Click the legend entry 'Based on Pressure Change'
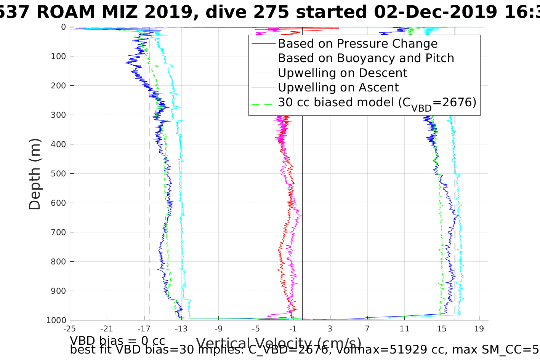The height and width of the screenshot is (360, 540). click(x=357, y=44)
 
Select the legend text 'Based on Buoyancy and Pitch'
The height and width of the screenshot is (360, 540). click(x=366, y=58)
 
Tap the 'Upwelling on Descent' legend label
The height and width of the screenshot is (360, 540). click(x=342, y=73)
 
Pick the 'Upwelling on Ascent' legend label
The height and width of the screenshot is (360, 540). click(x=338, y=88)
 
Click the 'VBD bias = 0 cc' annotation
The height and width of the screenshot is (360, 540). click(x=117, y=341)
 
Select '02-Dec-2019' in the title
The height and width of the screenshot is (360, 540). click(x=434, y=12)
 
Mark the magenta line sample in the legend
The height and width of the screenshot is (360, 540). click(x=263, y=88)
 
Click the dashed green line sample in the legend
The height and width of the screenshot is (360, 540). click(x=263, y=102)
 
